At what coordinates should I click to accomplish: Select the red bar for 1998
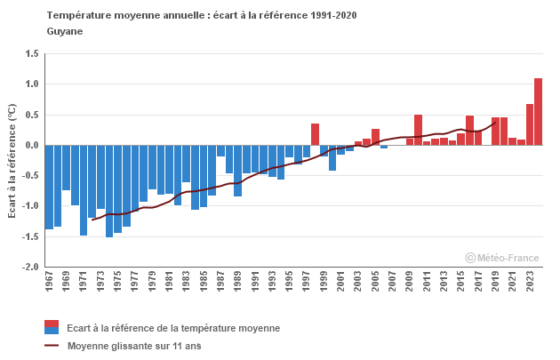[315, 134]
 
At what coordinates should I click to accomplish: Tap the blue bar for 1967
[50, 187]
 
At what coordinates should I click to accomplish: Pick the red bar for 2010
[418, 130]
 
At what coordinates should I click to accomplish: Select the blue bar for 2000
[332, 157]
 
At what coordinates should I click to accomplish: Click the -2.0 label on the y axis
[30, 267]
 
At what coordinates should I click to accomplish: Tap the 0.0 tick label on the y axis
[32, 145]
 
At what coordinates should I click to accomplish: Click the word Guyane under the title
[64, 31]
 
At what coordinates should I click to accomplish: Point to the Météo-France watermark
[502, 258]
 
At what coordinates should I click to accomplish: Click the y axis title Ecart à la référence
[12, 160]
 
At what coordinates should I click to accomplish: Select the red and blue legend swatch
[52, 327]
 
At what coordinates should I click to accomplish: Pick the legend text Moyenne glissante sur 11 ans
[134, 346]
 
